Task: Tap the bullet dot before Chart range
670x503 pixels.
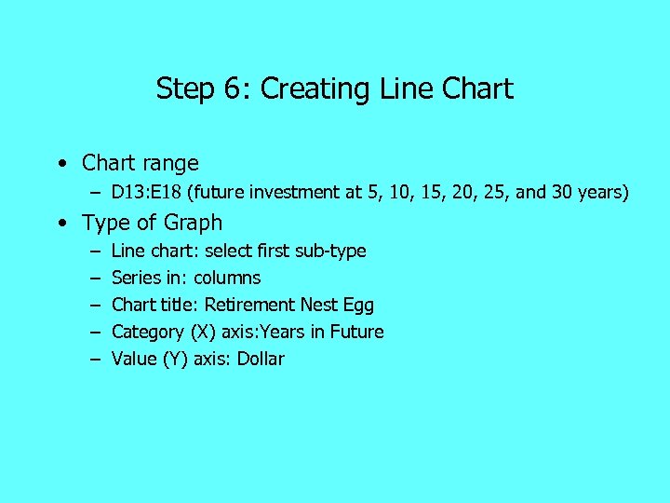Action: (x=60, y=164)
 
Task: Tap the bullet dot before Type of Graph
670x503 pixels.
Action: (x=60, y=224)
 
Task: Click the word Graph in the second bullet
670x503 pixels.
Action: (x=194, y=224)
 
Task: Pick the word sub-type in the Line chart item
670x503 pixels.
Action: (x=331, y=251)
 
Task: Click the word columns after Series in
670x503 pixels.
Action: (x=227, y=279)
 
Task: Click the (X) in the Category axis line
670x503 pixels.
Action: (x=201, y=333)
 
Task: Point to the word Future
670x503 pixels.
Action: (x=355, y=333)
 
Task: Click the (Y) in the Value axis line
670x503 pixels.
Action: (x=175, y=360)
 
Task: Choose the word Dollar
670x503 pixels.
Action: (x=261, y=360)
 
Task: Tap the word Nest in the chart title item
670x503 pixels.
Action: (x=319, y=306)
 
